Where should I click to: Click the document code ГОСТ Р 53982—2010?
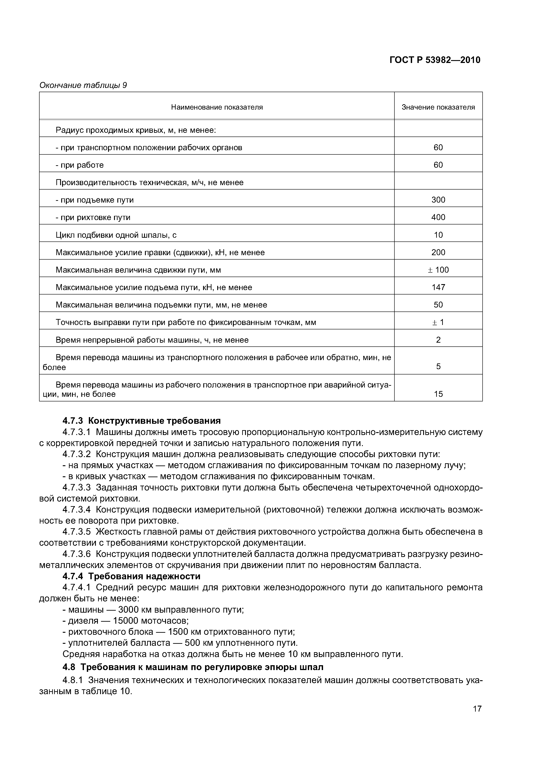tap(435, 60)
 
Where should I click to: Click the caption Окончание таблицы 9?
tap(83, 85)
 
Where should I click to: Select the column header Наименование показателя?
tap(217, 107)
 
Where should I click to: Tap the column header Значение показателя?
tap(438, 107)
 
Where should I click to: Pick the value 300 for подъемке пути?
tap(438, 200)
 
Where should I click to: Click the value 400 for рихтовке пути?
tap(438, 217)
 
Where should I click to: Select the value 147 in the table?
tap(438, 287)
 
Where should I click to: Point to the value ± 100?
tap(438, 270)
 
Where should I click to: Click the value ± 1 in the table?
tap(438, 322)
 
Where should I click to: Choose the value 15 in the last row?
tap(438, 394)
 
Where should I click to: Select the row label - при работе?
tap(79, 165)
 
